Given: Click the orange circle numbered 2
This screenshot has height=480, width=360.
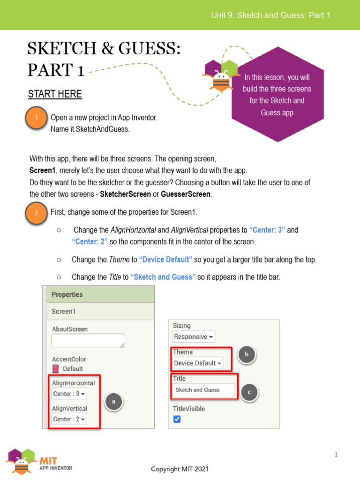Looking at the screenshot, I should click(36, 213).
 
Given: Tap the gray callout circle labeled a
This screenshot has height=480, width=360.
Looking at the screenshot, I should click(113, 401).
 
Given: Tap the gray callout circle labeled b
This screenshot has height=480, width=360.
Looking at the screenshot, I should click(246, 355).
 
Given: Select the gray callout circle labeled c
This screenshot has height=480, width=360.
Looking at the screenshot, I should click(249, 392).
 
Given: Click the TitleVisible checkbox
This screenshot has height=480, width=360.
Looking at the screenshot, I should click(177, 419).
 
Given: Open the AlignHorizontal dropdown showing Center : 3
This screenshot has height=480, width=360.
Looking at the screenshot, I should click(69, 394).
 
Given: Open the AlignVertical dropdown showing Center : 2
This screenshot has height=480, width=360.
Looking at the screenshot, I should click(69, 419).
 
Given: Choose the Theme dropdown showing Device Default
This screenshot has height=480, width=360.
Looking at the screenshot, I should click(197, 363).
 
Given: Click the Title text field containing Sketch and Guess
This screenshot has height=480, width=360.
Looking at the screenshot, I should click(203, 390).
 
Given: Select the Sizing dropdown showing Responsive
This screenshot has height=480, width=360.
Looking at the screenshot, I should click(194, 337).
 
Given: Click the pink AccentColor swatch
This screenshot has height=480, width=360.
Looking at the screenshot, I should click(56, 369).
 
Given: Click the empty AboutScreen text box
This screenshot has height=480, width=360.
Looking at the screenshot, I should click(88, 341).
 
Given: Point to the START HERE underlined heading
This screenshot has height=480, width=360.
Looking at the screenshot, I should click(55, 94).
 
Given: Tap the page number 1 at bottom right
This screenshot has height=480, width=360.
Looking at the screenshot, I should click(336, 454).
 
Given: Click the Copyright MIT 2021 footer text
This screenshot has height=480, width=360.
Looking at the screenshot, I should click(180, 469).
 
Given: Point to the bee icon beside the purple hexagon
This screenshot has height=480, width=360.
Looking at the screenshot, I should click(221, 80).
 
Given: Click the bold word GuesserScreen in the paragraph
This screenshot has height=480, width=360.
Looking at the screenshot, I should click(186, 194).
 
